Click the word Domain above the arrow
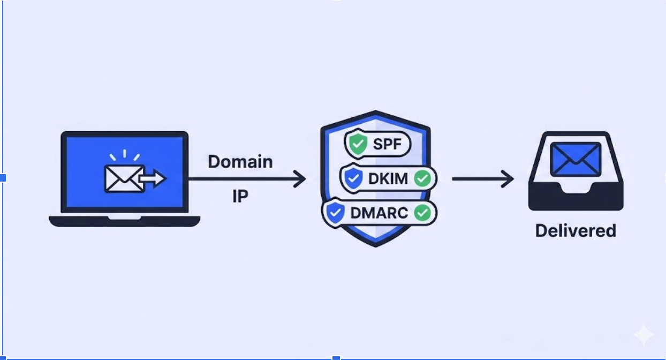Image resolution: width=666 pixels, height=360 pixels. pos(240,162)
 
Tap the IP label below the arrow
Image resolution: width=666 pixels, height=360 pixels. pos(240,197)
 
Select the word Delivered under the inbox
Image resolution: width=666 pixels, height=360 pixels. pos(576,231)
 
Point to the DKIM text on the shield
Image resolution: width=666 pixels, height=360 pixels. pos(389,179)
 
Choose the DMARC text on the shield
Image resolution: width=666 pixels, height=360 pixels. pos(379,213)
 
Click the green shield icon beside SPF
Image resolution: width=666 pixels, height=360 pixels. pos(357,144)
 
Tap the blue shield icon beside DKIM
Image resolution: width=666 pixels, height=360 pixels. pos(353,179)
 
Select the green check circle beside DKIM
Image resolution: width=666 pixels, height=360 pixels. pos(422,179)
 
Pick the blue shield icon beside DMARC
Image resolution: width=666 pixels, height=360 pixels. pos(335,213)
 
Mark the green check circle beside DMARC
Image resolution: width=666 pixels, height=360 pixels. pos(423,213)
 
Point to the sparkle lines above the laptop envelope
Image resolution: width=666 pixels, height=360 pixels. pos(124,156)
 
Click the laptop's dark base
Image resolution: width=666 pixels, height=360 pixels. pos(124,221)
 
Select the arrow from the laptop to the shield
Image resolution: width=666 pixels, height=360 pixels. pos(246,179)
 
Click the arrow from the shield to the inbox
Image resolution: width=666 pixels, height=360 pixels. pos(482,179)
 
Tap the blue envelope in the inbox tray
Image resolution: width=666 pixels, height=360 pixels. pos(576,159)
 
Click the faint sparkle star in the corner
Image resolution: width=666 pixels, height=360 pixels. pos(643,335)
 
